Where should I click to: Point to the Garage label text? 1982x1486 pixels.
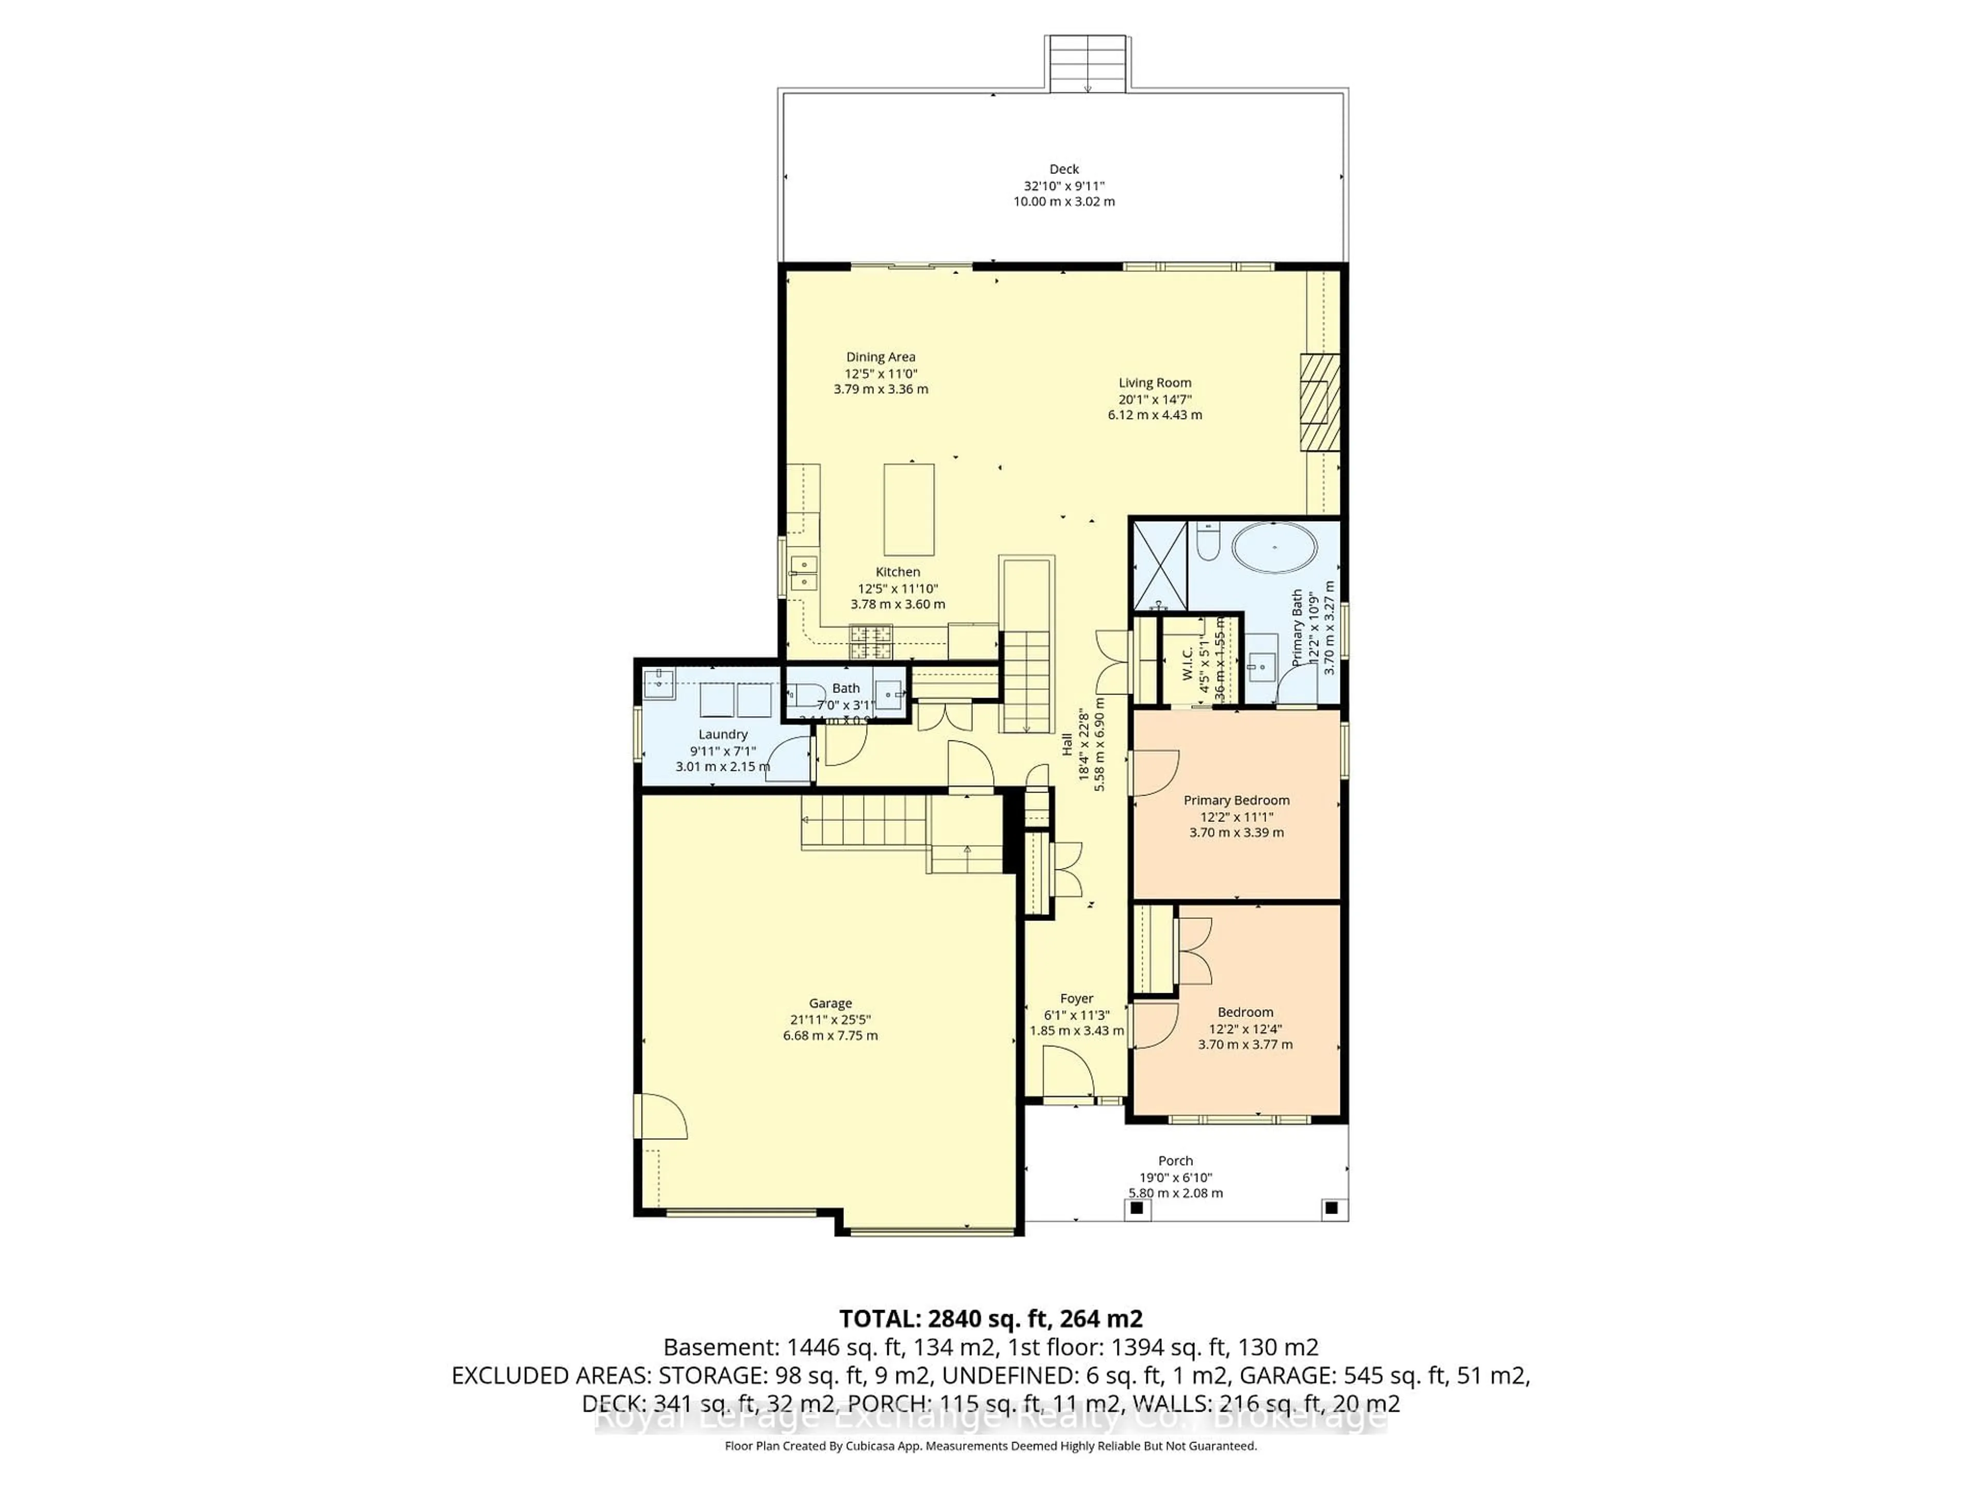pyautogui.click(x=830, y=1003)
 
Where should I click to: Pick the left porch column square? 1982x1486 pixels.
pyautogui.click(x=1137, y=1208)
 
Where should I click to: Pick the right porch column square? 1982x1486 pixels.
pyautogui.click(x=1332, y=1208)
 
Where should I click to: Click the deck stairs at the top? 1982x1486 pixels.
pyautogui.click(x=1087, y=63)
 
